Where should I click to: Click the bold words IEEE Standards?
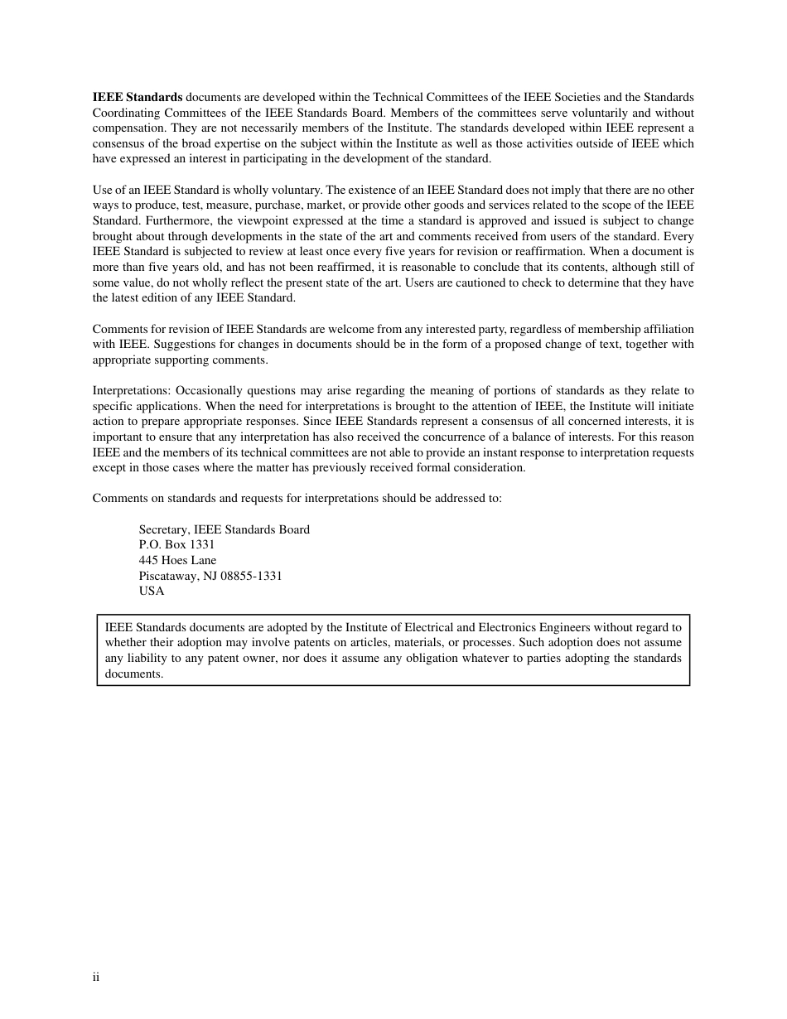[138, 97]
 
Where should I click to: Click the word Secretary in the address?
[163, 529]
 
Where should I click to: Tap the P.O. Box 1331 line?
[176, 544]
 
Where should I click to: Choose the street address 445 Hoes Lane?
[177, 560]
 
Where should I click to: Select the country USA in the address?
[152, 591]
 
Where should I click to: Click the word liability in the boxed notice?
[147, 658]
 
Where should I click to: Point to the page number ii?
[96, 978]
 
